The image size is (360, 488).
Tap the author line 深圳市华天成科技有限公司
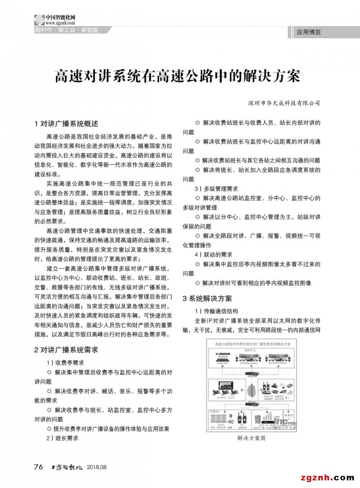coord(284,103)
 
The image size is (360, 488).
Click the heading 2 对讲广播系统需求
coord(66,349)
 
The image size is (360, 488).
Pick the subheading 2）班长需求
coord(63,438)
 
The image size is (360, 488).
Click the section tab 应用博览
coord(309,32)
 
